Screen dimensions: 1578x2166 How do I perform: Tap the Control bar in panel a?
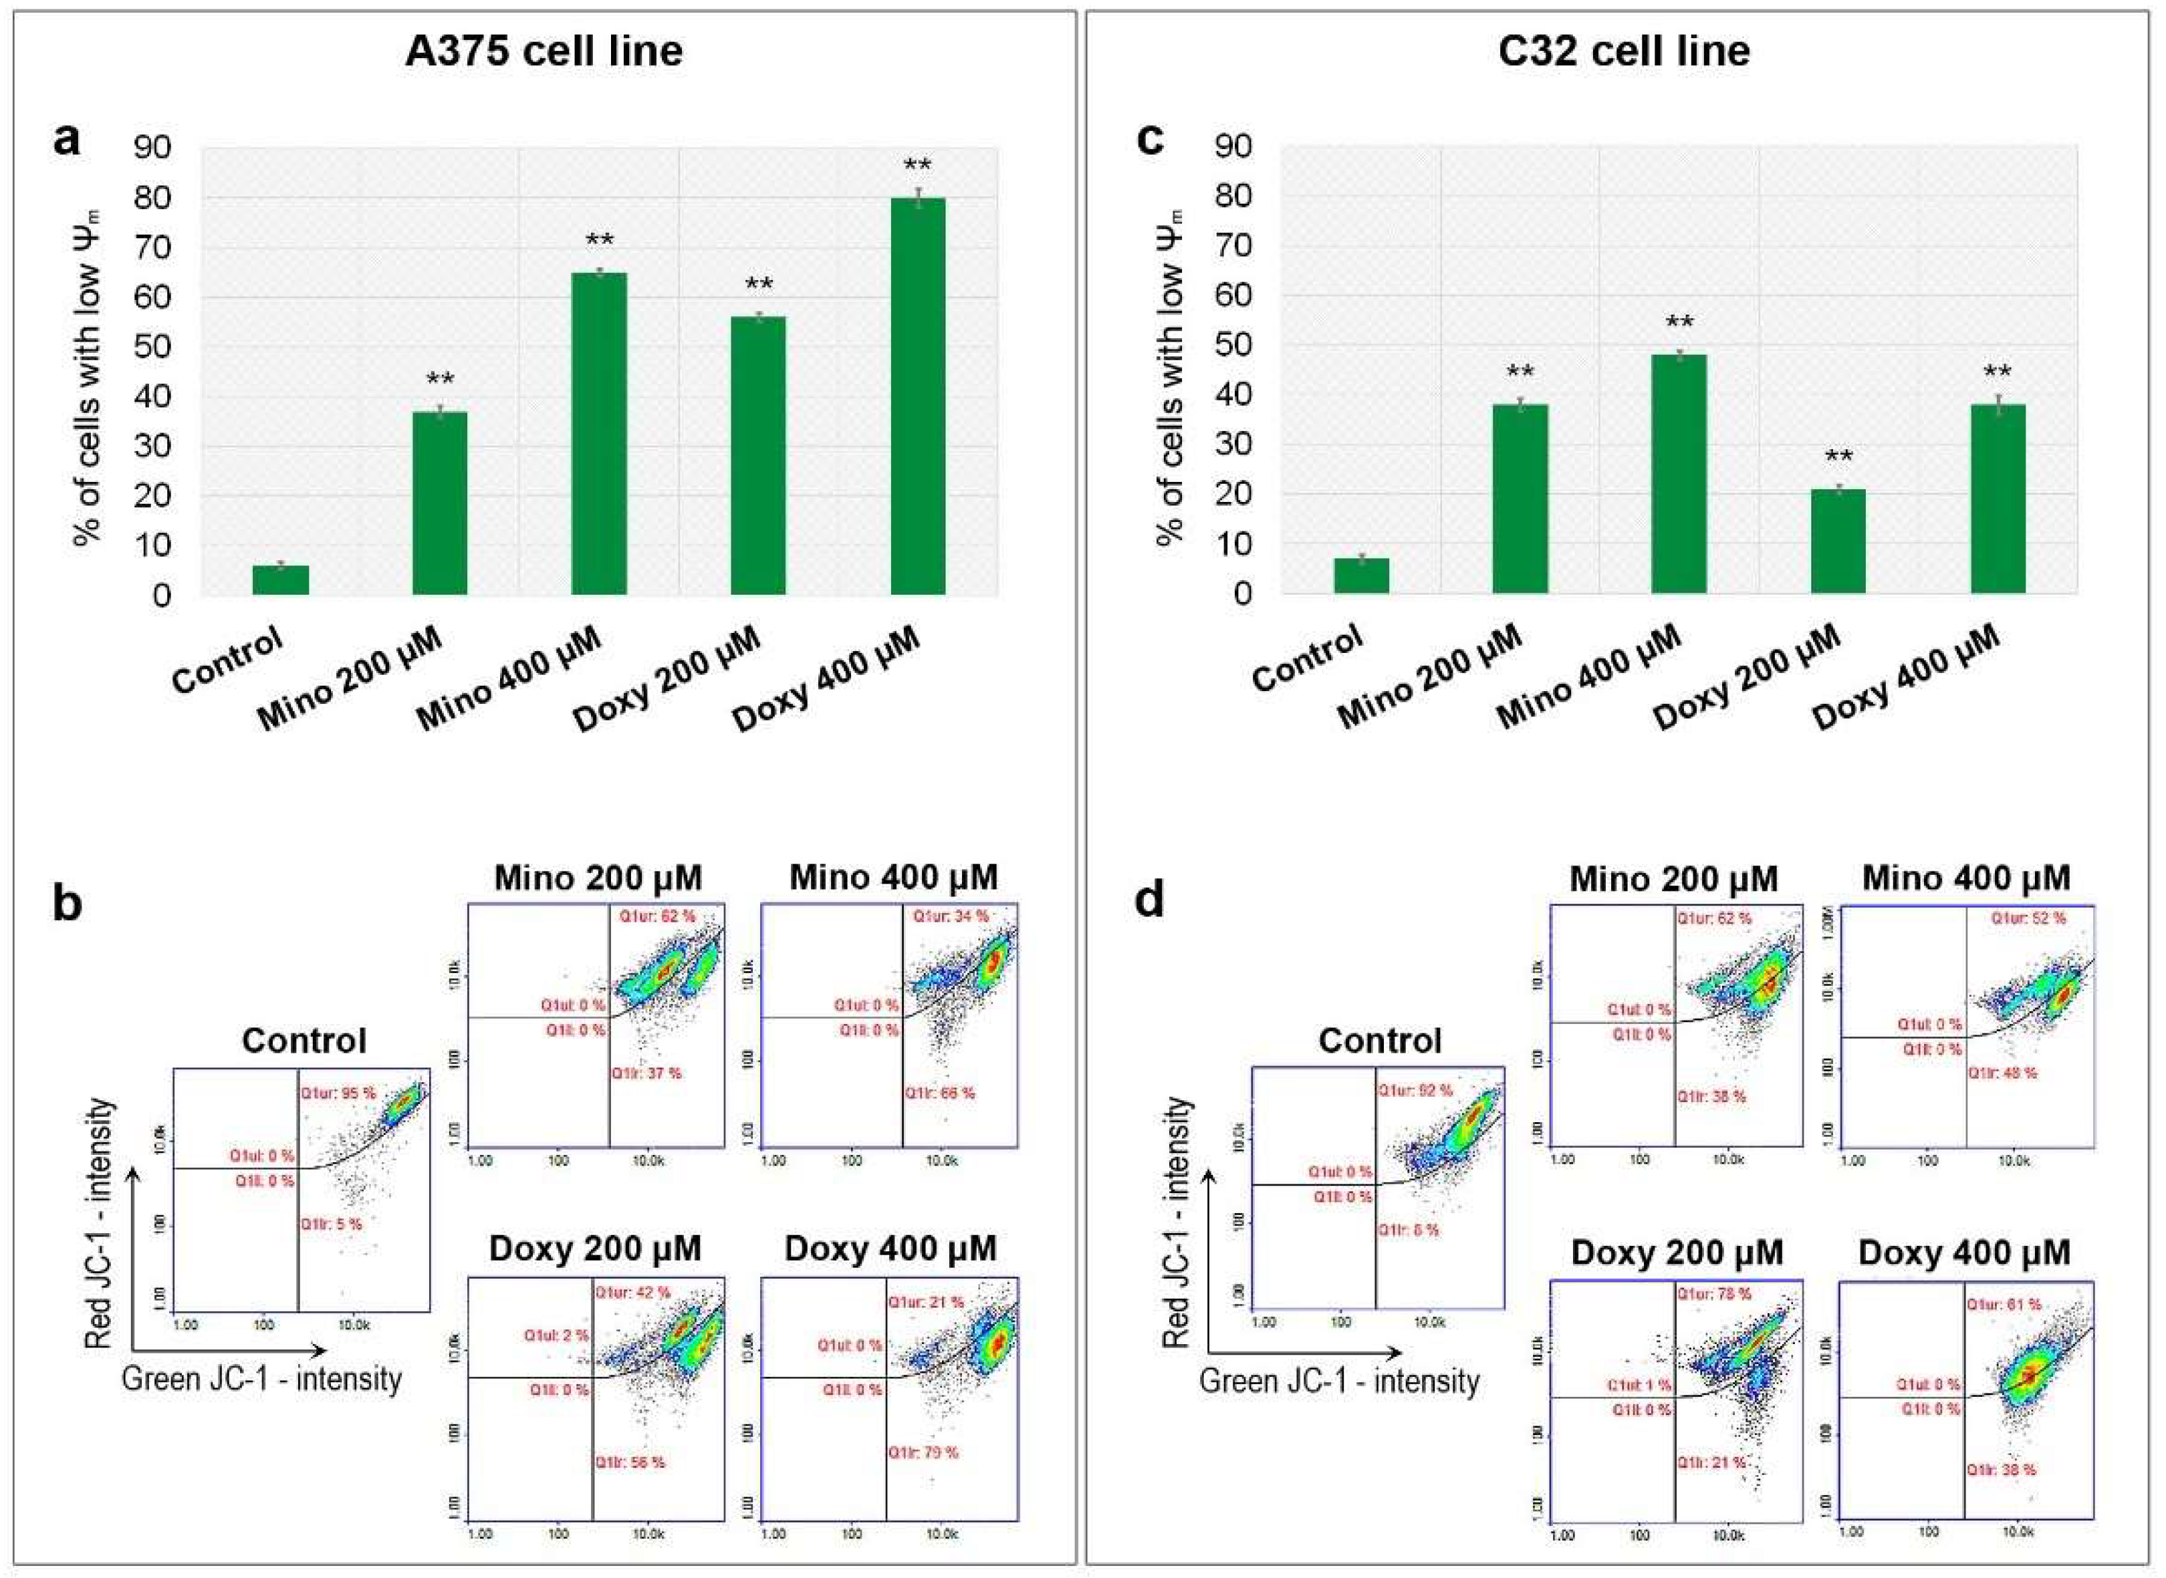tap(280, 580)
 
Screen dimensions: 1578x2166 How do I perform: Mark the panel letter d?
tap(1147, 900)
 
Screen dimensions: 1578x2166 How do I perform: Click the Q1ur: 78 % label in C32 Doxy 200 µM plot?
tap(1713, 1295)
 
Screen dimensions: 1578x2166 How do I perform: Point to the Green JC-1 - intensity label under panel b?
tap(262, 1378)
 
